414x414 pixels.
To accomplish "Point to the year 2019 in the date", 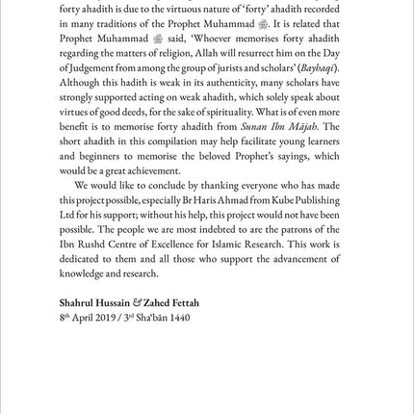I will point(98,316).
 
